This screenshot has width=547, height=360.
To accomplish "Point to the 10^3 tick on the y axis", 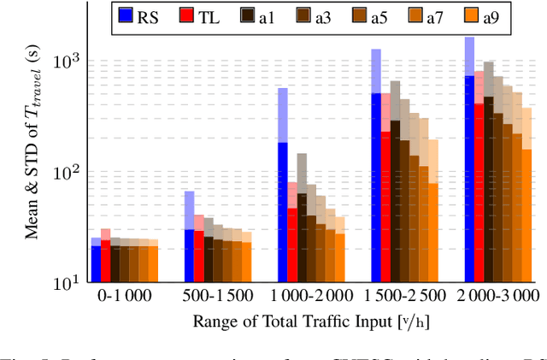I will [68, 62].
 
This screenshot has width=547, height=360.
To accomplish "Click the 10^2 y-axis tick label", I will [68, 172].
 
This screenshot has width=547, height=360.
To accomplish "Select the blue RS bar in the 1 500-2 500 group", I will [376, 187].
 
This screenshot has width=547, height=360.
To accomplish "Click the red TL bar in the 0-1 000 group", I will [106, 261].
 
